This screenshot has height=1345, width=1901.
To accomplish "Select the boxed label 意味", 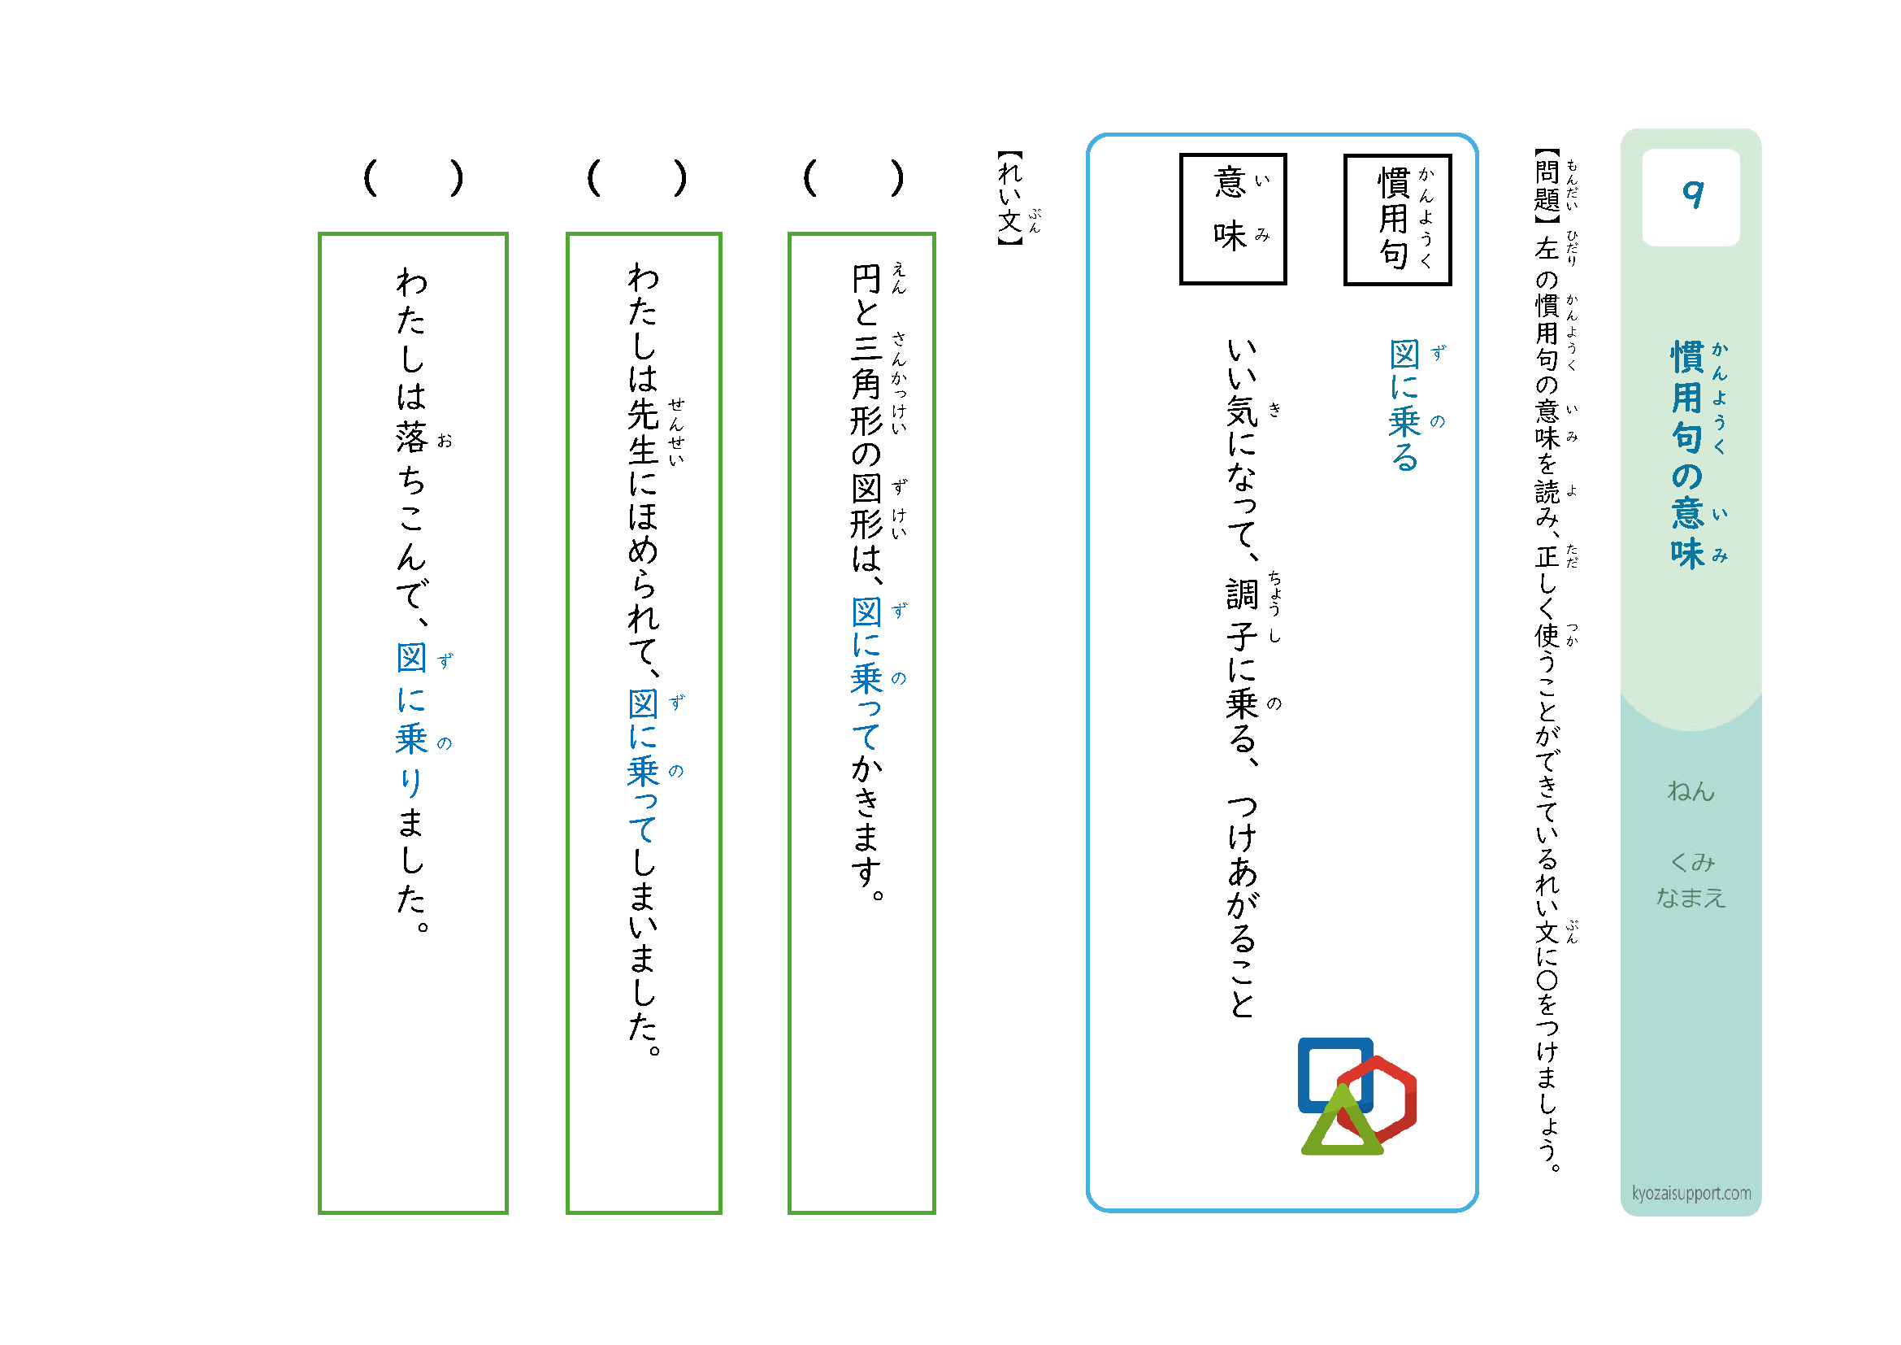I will pyautogui.click(x=1232, y=219).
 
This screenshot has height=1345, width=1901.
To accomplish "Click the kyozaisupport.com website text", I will pyautogui.click(x=1691, y=1194).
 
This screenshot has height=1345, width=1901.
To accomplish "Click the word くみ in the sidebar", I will pyautogui.click(x=1691, y=862).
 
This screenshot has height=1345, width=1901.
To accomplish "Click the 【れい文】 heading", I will pyautogui.click(x=1010, y=198).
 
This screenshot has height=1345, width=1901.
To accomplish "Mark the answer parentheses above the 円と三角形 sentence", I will pyautogui.click(x=853, y=178).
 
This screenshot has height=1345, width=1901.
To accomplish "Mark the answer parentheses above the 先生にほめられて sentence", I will pyautogui.click(x=636, y=178).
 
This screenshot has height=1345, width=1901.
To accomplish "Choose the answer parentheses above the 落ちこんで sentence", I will pyautogui.click(x=413, y=178).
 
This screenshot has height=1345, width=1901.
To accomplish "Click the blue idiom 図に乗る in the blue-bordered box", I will pyautogui.click(x=1404, y=405).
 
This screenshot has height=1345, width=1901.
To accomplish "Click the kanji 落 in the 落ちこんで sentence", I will pyautogui.click(x=411, y=437).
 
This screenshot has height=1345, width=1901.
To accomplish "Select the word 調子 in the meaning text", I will pyautogui.click(x=1242, y=616).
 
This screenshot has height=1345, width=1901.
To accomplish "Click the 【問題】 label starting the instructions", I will pyautogui.click(x=1547, y=186).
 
